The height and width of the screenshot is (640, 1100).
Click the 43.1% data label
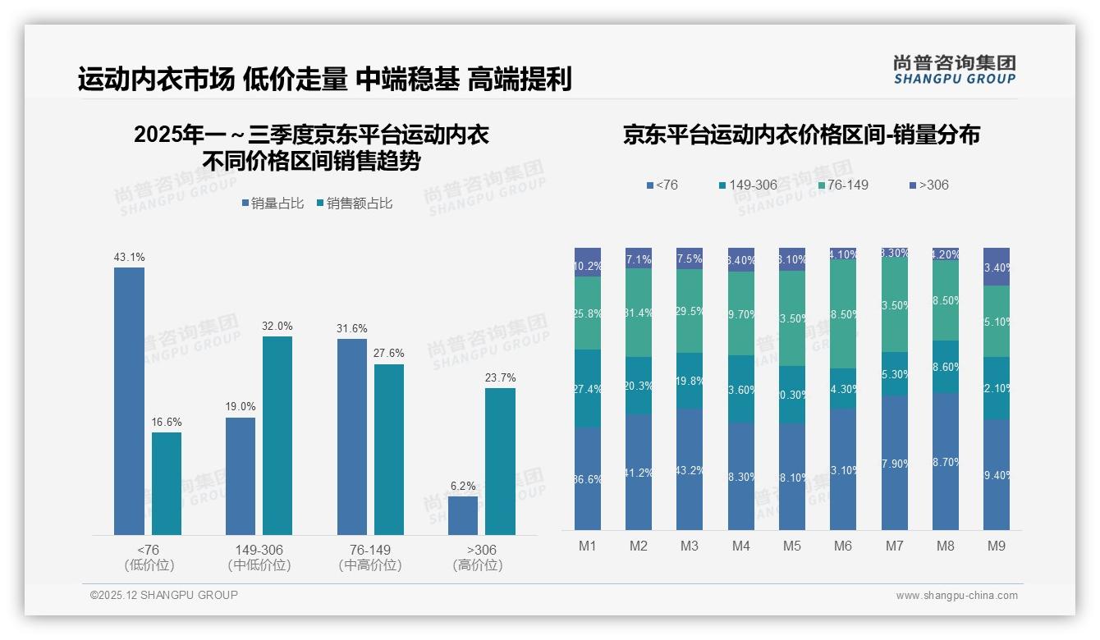(129, 257)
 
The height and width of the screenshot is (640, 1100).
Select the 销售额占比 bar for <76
(167, 483)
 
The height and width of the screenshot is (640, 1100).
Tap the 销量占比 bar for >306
(463, 515)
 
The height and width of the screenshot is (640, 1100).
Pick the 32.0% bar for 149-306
(277, 435)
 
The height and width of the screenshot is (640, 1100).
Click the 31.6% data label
(352, 328)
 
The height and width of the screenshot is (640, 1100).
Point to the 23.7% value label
(500, 377)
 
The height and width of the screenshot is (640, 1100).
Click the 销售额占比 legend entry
(355, 203)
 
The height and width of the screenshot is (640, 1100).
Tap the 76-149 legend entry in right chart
(843, 185)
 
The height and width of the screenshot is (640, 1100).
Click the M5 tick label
(791, 546)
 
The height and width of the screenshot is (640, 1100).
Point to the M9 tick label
(997, 546)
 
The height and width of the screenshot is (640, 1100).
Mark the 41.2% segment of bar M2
(639, 472)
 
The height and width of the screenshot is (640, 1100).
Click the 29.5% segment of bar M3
(690, 311)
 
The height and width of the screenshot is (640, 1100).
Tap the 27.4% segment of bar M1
(588, 388)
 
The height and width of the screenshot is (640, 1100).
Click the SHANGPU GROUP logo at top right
(955, 70)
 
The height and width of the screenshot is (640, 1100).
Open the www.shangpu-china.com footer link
(956, 596)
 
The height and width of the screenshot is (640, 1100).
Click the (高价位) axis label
(477, 565)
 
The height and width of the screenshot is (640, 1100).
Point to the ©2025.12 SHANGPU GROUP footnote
(164, 595)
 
